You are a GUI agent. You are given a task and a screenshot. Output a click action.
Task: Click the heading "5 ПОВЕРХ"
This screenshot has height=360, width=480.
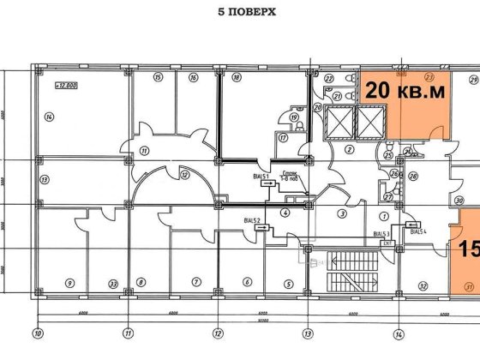239,14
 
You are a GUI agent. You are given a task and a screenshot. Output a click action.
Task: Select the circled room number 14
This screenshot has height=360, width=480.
50,117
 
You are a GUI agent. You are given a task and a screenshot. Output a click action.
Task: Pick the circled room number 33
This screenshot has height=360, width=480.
112,283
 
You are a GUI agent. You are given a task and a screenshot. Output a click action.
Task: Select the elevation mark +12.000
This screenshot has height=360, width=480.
65,86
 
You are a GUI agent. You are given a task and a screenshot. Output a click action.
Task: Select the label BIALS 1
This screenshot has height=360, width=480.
261,177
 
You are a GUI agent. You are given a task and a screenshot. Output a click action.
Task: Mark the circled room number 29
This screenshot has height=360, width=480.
473,80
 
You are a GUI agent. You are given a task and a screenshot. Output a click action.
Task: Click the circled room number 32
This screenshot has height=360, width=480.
423,285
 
